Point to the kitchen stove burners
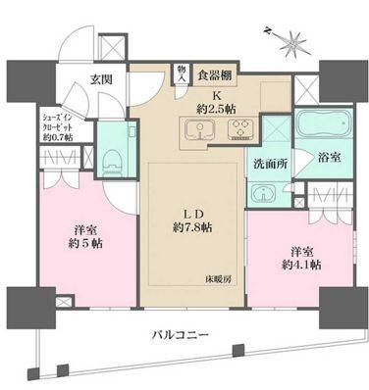[x=233, y=131]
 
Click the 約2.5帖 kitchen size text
[x=213, y=104]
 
